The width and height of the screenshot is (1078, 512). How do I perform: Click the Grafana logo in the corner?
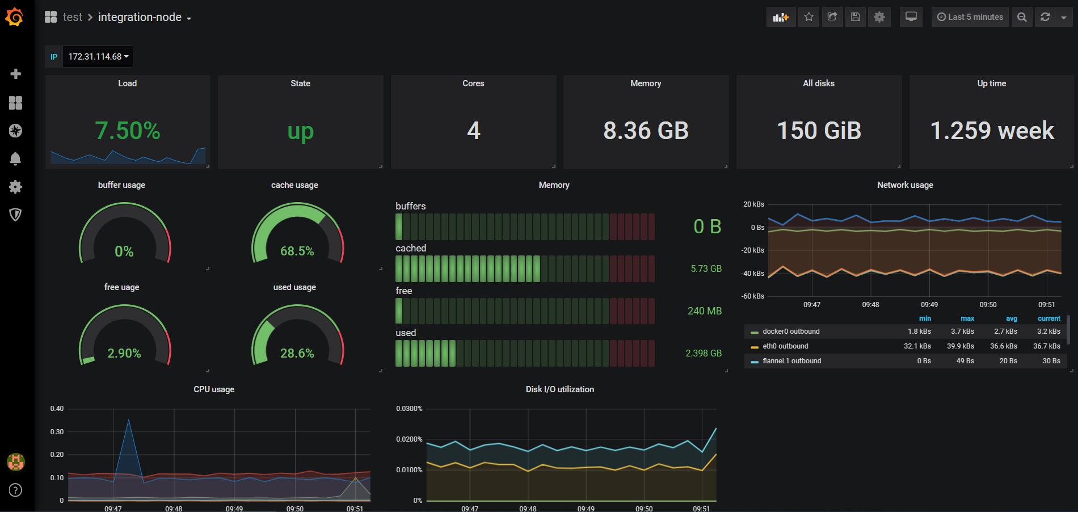click(x=15, y=17)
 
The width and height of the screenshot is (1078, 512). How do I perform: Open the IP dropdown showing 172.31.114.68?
click(x=98, y=57)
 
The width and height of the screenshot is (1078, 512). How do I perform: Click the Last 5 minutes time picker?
click(x=970, y=17)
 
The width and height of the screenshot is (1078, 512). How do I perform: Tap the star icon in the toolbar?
click(x=809, y=17)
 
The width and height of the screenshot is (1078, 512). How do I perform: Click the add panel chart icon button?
click(x=781, y=17)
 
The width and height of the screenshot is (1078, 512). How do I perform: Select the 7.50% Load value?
click(x=128, y=131)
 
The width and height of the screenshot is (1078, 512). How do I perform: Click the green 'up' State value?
click(x=300, y=131)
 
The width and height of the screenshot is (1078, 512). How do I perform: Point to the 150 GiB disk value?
click(x=819, y=131)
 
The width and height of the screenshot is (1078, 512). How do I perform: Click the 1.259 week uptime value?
click(x=992, y=131)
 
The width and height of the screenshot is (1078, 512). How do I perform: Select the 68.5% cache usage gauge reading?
click(x=297, y=251)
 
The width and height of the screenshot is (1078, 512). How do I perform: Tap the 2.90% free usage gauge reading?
click(x=124, y=353)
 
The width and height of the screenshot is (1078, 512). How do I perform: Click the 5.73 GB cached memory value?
click(x=706, y=268)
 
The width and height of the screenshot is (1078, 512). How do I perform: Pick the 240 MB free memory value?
click(x=704, y=311)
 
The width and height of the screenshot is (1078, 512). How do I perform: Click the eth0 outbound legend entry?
click(x=785, y=346)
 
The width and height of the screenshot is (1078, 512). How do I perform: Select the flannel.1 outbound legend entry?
click(x=791, y=361)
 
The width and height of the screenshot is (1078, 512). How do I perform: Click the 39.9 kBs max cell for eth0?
click(x=962, y=346)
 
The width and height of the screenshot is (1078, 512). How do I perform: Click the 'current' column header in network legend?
click(x=1048, y=318)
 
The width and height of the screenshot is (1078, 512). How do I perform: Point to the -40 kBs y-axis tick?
click(x=753, y=273)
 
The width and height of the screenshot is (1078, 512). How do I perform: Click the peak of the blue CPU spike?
click(x=129, y=420)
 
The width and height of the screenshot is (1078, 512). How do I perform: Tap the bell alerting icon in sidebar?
click(x=15, y=159)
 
